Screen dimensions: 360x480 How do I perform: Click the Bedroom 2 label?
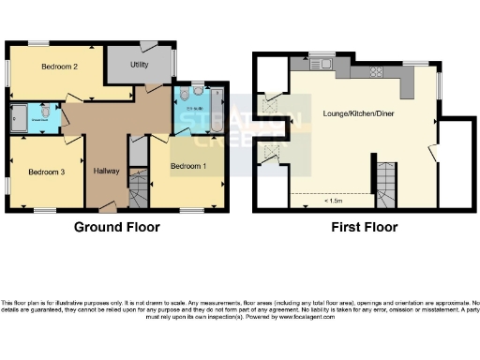[x=58, y=67]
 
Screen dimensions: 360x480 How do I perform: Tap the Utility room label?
[x=140, y=65]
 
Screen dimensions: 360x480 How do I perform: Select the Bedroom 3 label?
[x=45, y=172]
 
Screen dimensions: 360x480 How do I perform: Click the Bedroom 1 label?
[x=187, y=166]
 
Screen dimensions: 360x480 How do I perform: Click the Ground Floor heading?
[x=116, y=227]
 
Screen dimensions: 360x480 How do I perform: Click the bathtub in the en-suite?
[x=217, y=110]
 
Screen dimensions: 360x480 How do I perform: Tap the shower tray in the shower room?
[x=20, y=118]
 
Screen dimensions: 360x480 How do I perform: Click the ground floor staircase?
[x=139, y=191]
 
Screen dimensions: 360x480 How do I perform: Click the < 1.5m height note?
[x=333, y=201]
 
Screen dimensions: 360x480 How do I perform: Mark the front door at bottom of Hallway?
[x=109, y=206]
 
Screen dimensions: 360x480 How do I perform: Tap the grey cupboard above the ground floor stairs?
[x=138, y=150]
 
